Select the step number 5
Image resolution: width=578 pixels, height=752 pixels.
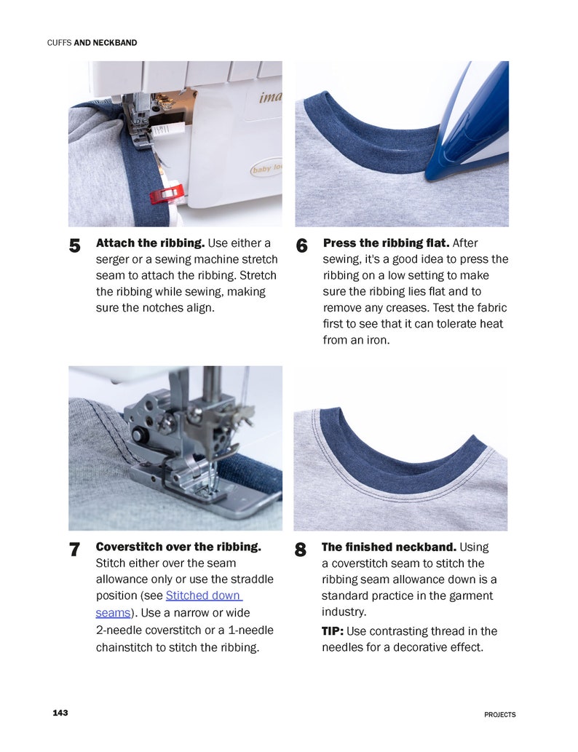74,247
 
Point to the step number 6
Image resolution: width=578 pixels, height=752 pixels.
302,247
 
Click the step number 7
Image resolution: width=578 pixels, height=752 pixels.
74,550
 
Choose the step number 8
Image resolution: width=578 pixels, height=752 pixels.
301,550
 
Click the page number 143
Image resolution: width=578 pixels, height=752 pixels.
60,713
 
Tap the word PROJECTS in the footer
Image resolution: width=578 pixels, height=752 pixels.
499,715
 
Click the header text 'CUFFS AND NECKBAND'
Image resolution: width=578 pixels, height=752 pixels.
92,43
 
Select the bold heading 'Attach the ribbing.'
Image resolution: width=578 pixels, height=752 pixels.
151,243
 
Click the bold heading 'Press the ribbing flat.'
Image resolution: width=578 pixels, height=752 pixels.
386,243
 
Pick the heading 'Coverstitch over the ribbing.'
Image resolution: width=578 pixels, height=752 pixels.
178,547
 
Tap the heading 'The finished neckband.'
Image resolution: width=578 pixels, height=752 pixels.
389,547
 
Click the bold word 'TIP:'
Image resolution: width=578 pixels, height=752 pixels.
333,631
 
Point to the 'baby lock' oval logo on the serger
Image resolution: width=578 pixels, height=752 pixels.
266,170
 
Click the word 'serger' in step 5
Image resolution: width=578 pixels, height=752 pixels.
113,260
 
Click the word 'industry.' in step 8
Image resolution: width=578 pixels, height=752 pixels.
344,612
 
